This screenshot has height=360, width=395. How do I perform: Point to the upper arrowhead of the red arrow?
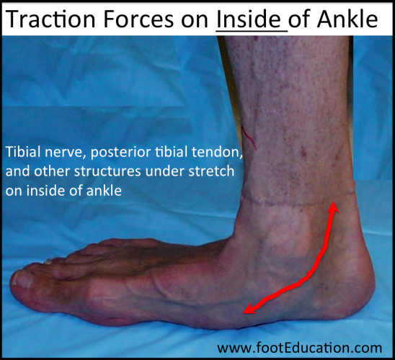tap(333, 207)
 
